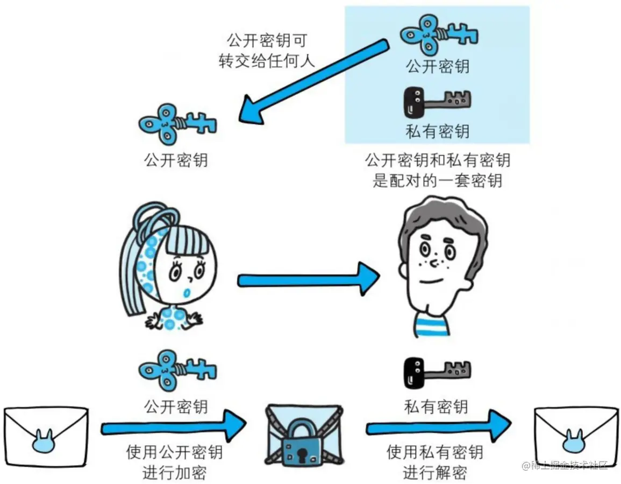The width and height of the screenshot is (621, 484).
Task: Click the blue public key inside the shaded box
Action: point(439,36)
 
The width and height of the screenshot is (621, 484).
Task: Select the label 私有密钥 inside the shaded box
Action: point(437,130)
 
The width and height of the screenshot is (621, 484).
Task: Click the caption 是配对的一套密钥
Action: point(437,180)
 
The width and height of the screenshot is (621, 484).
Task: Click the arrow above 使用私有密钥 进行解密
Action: point(439,427)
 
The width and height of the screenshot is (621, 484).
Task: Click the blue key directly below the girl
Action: point(177,370)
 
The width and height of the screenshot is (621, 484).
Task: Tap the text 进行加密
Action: point(175,472)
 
